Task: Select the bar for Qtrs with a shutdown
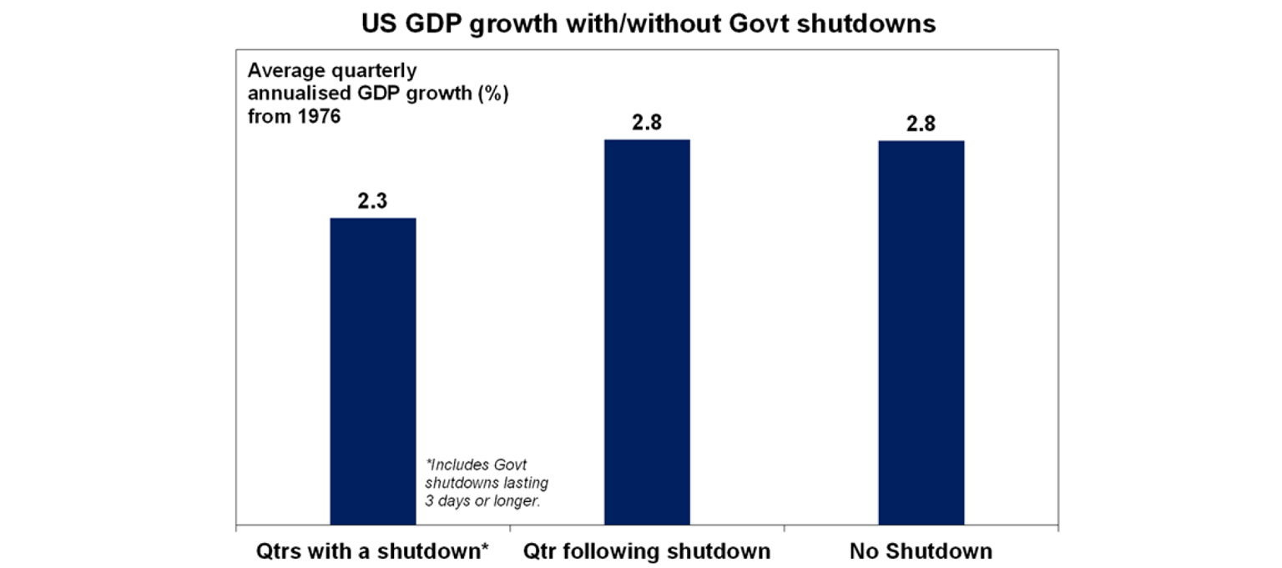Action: pos(373,371)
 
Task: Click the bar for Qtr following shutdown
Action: pos(647,332)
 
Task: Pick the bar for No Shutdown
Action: pos(921,332)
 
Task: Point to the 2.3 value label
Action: pos(373,201)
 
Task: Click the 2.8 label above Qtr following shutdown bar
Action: pos(647,123)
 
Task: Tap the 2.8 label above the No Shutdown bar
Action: pos(921,124)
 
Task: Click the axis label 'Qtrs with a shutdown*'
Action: pos(373,551)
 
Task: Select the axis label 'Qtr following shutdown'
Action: pos(647,551)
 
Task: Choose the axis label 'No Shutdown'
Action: pos(921,551)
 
